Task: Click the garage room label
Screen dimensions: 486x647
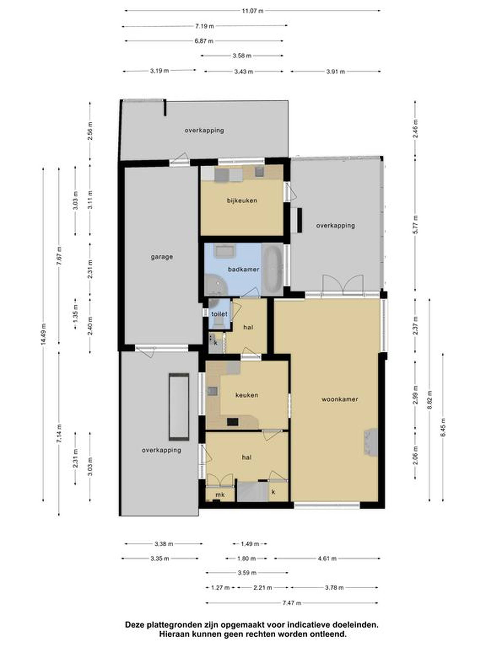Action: [x=162, y=257]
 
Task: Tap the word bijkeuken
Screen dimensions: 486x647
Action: [x=242, y=200]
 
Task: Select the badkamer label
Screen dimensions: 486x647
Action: [x=244, y=269]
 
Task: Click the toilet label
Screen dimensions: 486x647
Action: [x=219, y=314]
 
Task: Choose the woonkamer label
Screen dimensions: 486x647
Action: [x=340, y=399]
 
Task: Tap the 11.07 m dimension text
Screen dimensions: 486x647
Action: [x=253, y=11]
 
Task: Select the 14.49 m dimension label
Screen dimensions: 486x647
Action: [x=44, y=334]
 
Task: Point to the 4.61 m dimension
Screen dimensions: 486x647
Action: [x=327, y=559]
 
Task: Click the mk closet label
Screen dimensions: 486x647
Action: [x=220, y=495]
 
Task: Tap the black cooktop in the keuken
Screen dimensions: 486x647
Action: [x=233, y=422]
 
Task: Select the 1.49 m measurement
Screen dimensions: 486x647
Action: [x=250, y=544]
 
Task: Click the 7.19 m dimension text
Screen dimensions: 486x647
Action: [x=205, y=26]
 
